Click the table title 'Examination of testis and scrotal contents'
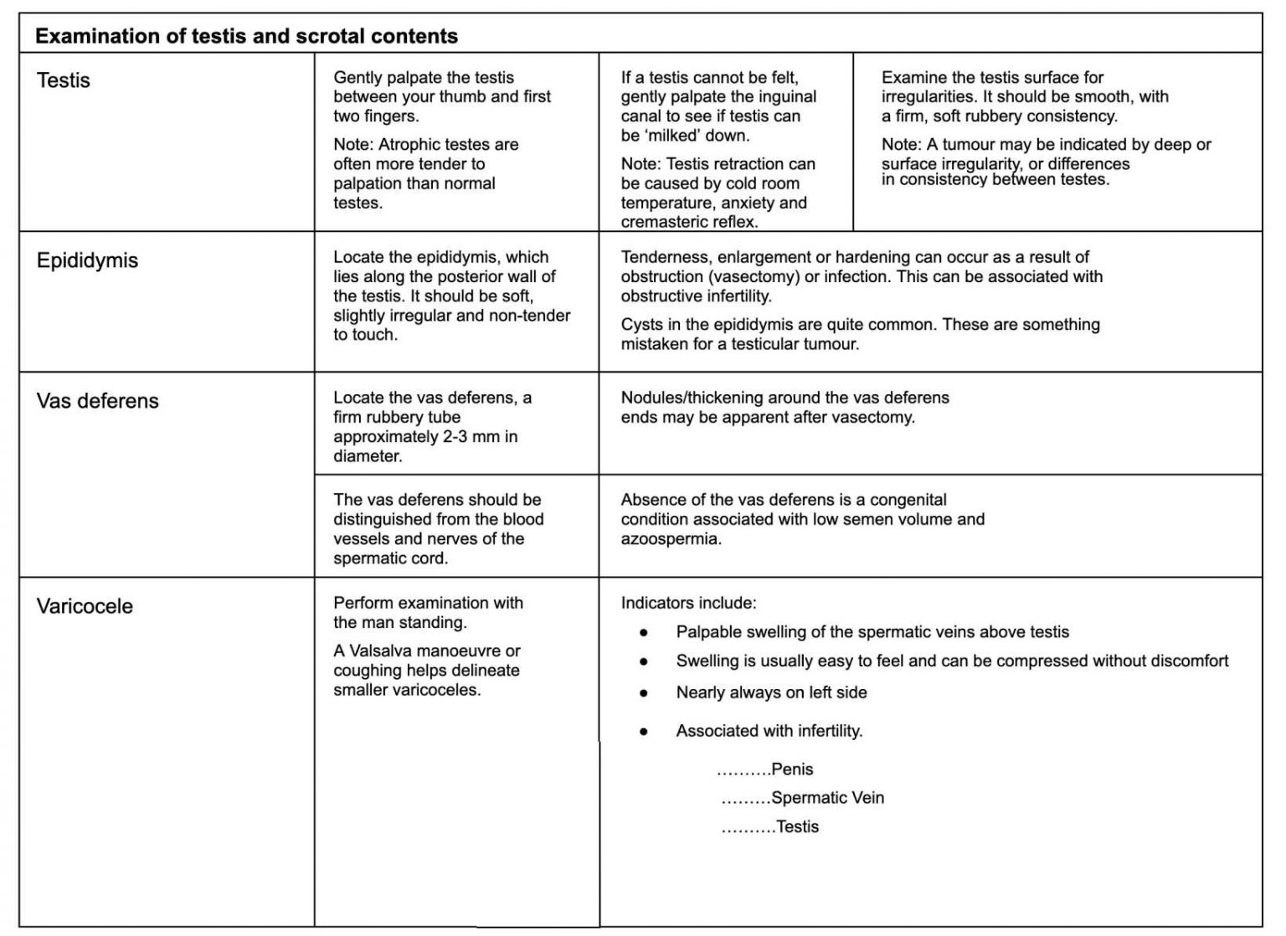click(x=246, y=36)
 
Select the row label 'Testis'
click(x=64, y=80)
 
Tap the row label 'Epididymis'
click(x=87, y=260)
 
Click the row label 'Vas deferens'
click(x=97, y=401)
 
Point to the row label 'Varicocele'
click(x=85, y=606)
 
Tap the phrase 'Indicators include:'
click(x=688, y=603)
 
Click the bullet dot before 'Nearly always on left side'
click(x=643, y=693)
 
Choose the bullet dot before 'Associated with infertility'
click(x=643, y=732)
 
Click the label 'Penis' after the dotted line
click(x=792, y=769)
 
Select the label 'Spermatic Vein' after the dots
click(x=827, y=798)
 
